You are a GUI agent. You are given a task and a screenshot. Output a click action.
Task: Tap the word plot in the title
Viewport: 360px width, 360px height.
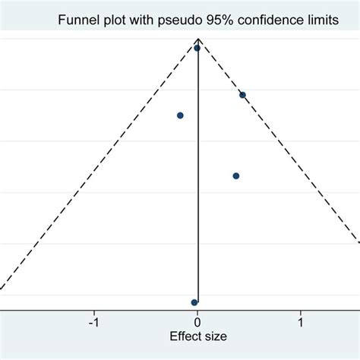[116, 21]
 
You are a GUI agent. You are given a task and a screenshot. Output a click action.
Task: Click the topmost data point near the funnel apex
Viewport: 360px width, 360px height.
[197, 48]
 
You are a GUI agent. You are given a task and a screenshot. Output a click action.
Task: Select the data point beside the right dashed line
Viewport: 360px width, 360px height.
[242, 95]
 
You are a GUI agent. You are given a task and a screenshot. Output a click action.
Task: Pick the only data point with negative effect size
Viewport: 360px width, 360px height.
[180, 115]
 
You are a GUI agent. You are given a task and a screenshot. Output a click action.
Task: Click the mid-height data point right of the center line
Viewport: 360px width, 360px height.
[236, 175]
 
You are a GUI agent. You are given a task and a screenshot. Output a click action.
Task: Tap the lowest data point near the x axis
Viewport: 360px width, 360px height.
[194, 302]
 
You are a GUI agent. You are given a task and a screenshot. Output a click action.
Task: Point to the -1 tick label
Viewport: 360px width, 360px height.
[93, 321]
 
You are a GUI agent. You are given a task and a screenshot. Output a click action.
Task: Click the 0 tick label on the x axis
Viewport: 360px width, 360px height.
[197, 321]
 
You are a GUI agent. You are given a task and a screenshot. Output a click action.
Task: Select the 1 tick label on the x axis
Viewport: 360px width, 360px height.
[301, 321]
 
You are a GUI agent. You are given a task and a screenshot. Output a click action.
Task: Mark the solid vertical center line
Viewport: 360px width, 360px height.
[198, 228]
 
